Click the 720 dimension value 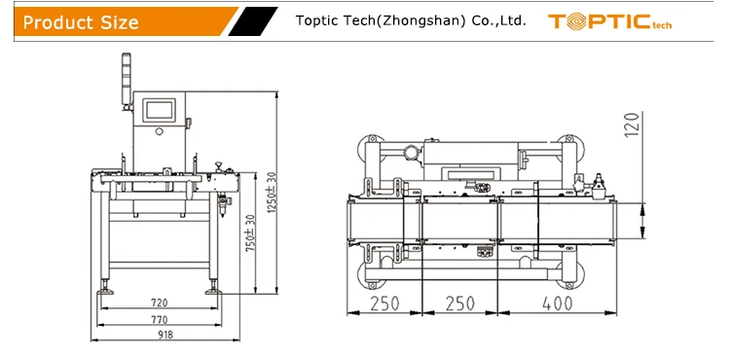(160, 303)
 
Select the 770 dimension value (160, 320)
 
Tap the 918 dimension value (165, 335)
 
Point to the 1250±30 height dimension (272, 193)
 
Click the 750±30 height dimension (250, 233)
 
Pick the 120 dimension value (632, 125)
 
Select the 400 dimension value (558, 304)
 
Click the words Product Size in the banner (81, 21)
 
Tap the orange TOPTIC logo (609, 21)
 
